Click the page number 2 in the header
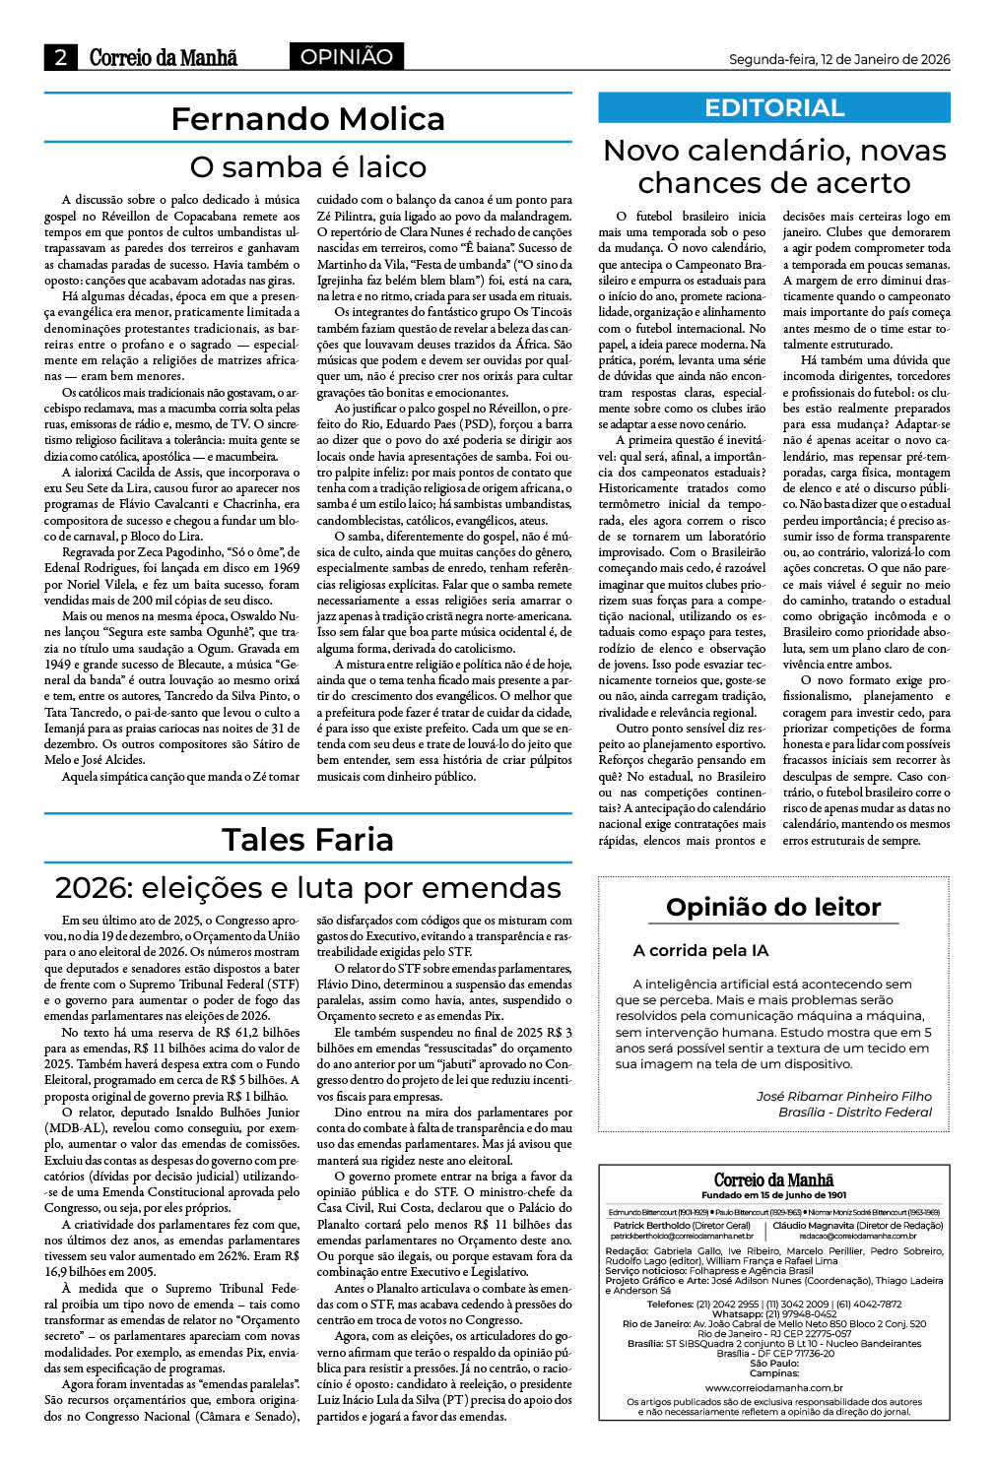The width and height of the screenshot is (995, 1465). click(x=61, y=57)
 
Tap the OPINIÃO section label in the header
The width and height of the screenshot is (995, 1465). click(x=346, y=57)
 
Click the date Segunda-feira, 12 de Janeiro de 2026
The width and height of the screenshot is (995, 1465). click(x=839, y=59)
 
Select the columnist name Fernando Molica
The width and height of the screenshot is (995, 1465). click(x=307, y=119)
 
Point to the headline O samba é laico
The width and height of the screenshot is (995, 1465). click(x=307, y=166)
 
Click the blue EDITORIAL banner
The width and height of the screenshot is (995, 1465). click(x=774, y=107)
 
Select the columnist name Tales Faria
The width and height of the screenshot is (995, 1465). click(x=307, y=840)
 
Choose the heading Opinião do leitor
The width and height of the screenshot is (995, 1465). click(x=773, y=907)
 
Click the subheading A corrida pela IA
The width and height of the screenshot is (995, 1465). click(x=700, y=950)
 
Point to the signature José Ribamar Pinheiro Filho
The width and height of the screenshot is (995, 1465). click(x=843, y=1096)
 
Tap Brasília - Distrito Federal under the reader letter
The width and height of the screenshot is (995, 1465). click(x=854, y=1112)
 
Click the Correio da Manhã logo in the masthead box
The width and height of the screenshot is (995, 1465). click(x=773, y=1179)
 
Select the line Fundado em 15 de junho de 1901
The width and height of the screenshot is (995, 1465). click(x=773, y=1195)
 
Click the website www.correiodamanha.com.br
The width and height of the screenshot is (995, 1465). click(x=773, y=1387)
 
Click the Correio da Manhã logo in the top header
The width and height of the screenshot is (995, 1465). click(x=164, y=57)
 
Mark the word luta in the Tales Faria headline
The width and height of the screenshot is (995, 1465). click(x=365, y=888)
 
